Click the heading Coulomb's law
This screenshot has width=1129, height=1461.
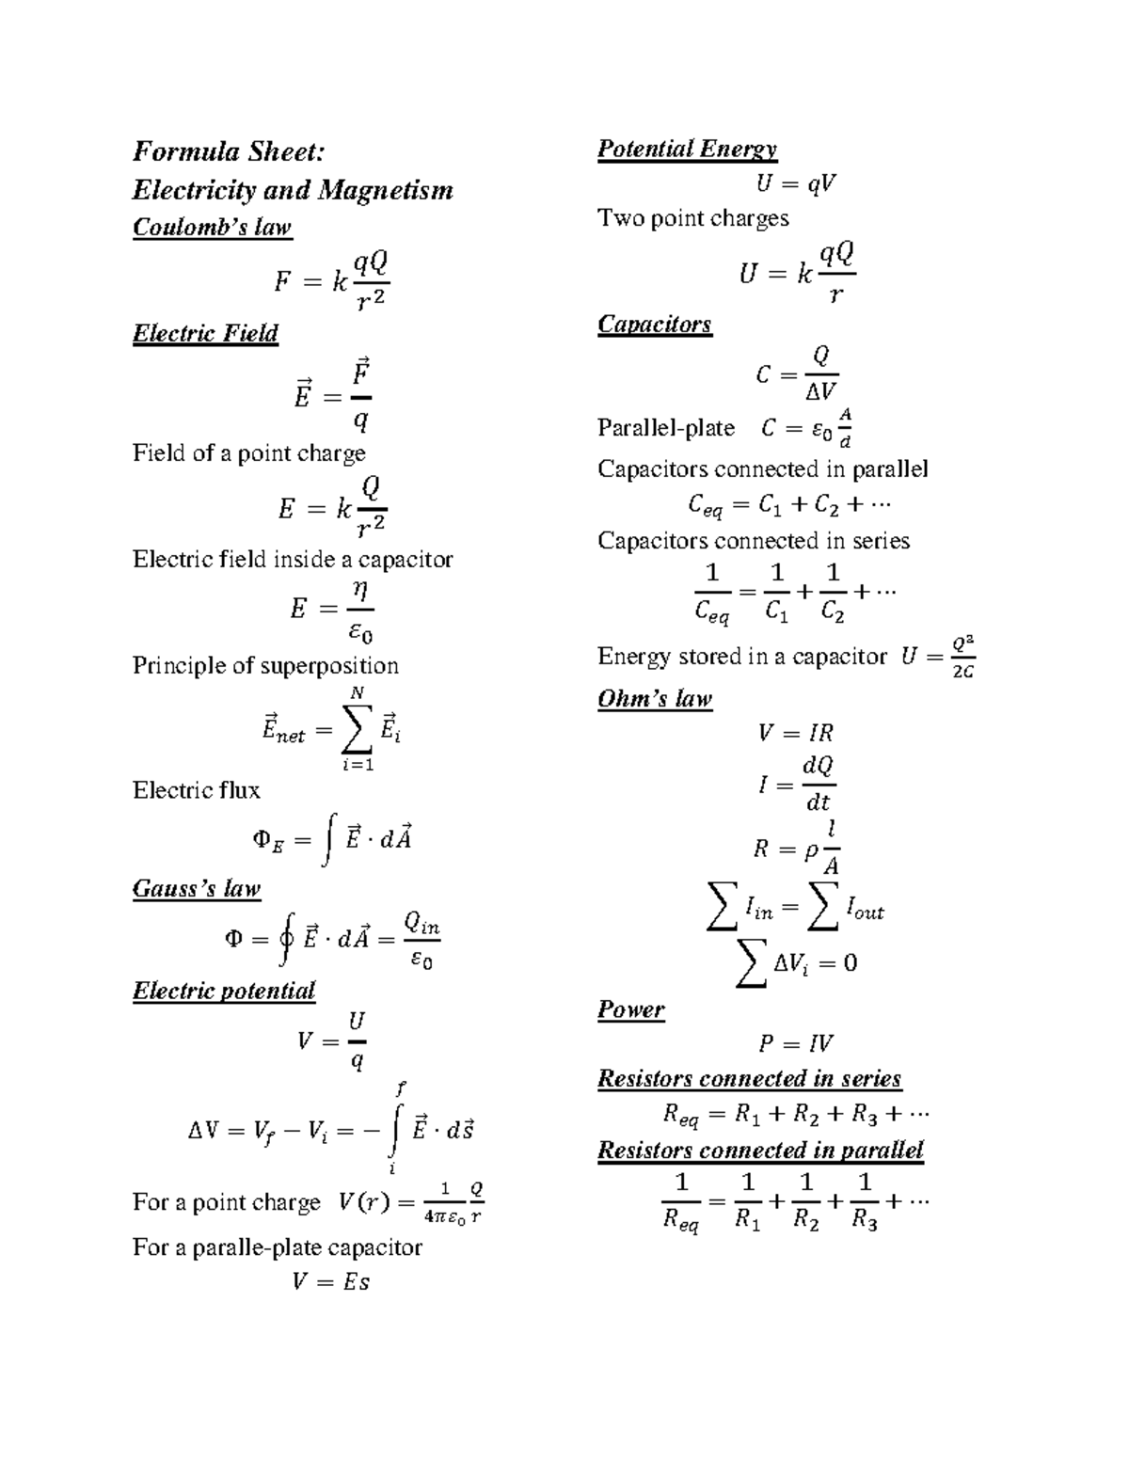coord(212,228)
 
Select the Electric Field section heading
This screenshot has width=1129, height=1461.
coord(205,334)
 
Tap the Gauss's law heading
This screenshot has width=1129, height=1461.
coord(196,889)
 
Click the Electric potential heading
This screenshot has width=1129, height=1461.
coord(224,991)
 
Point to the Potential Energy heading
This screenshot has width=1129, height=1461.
coord(687,150)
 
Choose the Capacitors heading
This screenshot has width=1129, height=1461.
coord(654,325)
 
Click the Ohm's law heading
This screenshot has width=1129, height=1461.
coord(655,699)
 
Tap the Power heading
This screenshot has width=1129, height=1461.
coord(630,1010)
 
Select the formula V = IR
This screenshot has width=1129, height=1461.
coord(796,733)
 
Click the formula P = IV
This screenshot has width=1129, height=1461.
coord(796,1043)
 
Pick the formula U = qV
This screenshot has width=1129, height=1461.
coord(796,184)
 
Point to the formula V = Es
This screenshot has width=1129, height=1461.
coord(331,1282)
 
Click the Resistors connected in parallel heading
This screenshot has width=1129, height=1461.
coord(760,1151)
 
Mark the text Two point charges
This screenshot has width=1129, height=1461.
coord(692,218)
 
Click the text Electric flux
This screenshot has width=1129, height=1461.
coord(196,790)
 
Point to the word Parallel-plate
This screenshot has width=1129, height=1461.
coord(666,428)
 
